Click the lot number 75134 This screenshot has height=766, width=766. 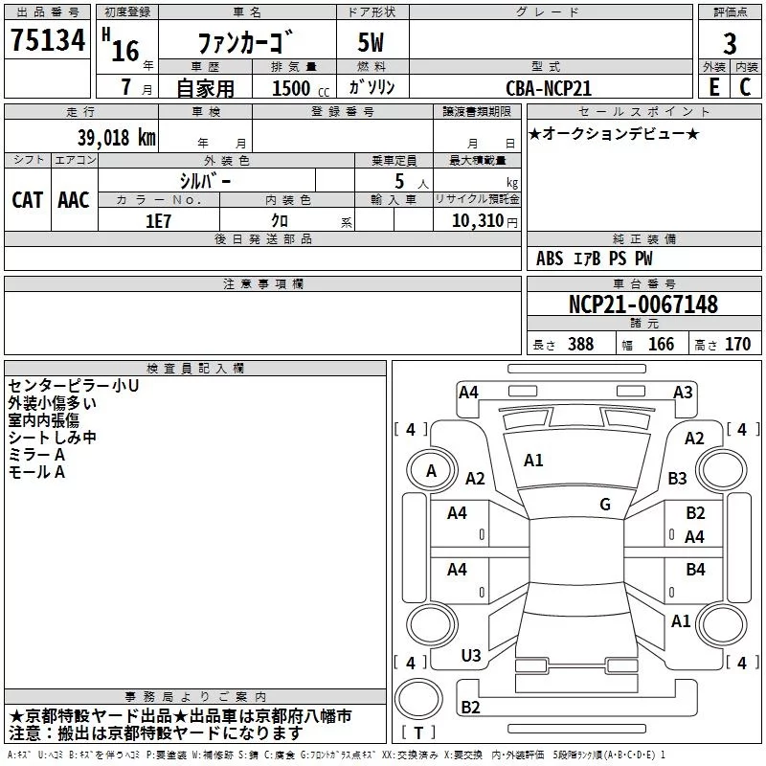click(48, 40)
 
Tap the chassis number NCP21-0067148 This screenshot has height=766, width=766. click(643, 304)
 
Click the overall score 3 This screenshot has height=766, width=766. click(730, 43)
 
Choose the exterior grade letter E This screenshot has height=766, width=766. click(713, 86)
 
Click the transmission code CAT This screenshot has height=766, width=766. click(28, 200)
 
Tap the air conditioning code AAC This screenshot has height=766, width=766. click(74, 200)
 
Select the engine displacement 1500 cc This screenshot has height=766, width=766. click(291, 88)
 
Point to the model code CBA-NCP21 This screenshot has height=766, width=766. click(549, 87)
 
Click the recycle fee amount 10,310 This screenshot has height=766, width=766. click(476, 220)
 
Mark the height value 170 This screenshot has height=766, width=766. click(737, 345)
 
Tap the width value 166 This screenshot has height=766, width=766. click(661, 345)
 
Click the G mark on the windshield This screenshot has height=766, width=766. click(605, 505)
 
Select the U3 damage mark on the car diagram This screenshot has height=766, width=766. click(471, 656)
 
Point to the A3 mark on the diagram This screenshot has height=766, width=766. click(683, 392)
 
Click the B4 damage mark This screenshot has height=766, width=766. click(695, 570)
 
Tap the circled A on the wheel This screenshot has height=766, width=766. click(431, 470)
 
